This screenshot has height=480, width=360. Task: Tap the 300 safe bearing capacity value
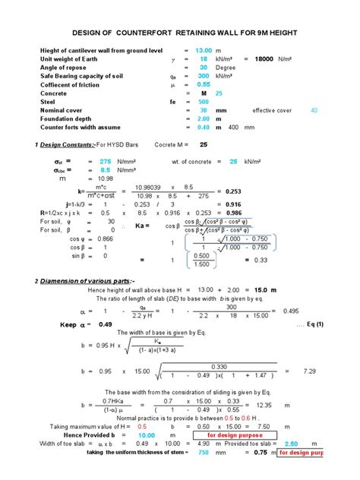click(203, 76)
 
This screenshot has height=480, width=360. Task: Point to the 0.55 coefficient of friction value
click(203, 84)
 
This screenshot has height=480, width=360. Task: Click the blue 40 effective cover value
click(314, 110)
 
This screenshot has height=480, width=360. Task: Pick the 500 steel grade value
click(203, 102)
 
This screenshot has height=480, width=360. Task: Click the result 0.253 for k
click(232, 191)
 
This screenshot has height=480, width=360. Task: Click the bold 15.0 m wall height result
click(263, 290)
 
